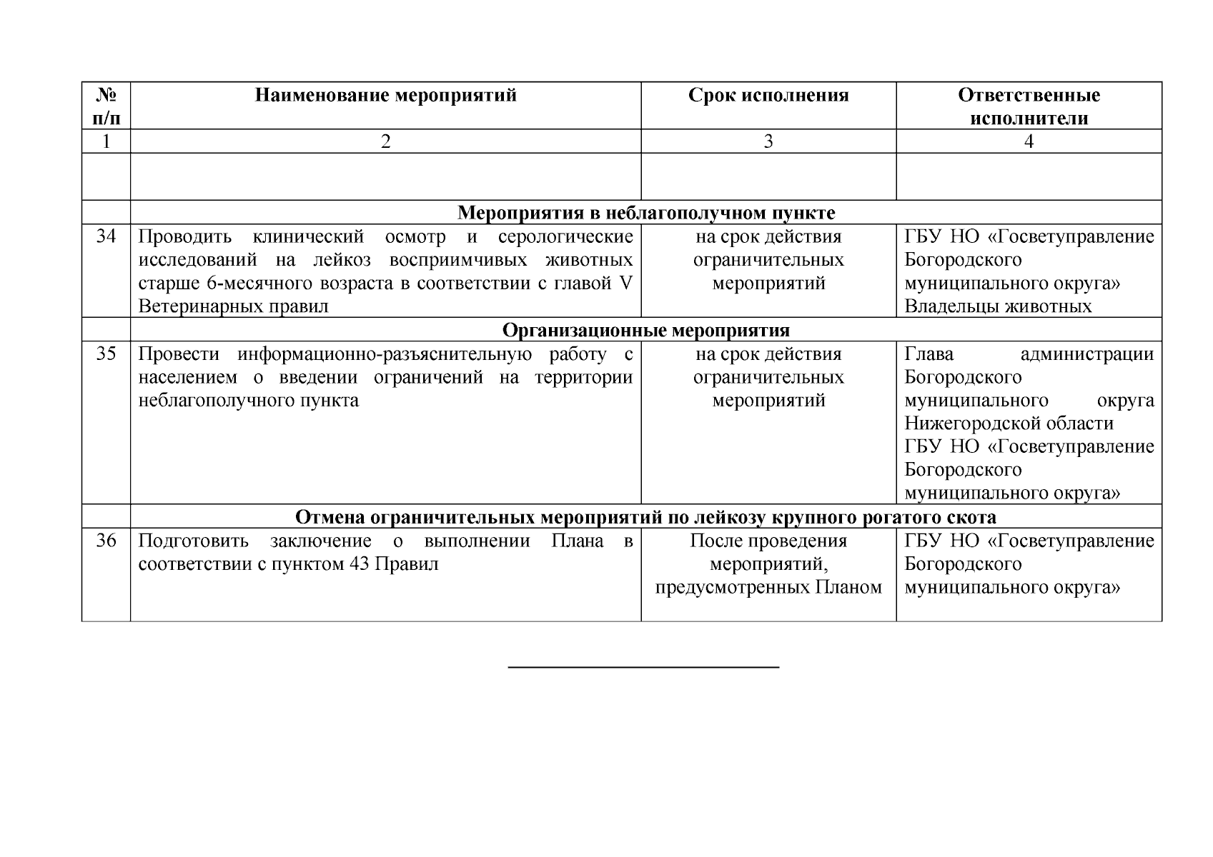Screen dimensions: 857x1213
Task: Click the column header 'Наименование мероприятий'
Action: (385, 96)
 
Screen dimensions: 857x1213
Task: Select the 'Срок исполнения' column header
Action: (768, 96)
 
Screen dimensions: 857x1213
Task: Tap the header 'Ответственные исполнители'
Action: (1029, 106)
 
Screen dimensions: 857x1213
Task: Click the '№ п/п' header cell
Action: (106, 106)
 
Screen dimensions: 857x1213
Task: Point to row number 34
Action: (106, 236)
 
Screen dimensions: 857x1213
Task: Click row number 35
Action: (106, 354)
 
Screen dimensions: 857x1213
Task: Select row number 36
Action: (106, 541)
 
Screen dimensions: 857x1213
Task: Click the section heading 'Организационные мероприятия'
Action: (645, 331)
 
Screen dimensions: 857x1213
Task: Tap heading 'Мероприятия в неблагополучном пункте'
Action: (645, 213)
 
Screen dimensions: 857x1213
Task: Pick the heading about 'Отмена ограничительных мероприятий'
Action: (645, 517)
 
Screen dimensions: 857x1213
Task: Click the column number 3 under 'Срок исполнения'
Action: (768, 141)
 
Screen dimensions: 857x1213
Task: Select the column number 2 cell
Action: (385, 141)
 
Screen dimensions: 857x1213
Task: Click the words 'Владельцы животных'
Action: (998, 307)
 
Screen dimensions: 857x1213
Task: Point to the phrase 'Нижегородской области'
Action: (1009, 424)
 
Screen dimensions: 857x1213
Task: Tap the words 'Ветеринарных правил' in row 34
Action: (233, 307)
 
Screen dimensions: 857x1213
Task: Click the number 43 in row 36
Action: (359, 564)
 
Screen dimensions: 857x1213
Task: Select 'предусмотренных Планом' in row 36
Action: (768, 588)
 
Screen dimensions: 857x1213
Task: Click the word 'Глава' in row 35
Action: (929, 354)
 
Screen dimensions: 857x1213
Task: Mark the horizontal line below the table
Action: (643, 667)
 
